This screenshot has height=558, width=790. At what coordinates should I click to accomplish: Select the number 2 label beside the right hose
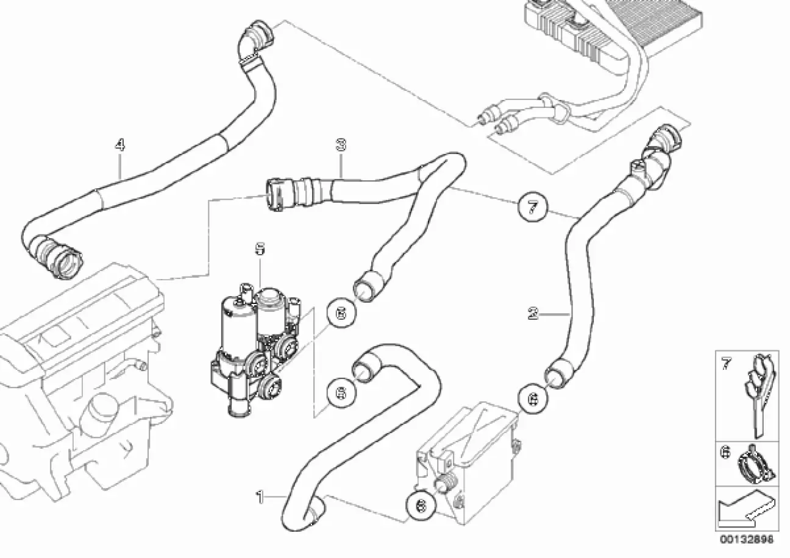coord(533,314)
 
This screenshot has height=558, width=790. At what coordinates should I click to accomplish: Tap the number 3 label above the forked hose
coord(341,145)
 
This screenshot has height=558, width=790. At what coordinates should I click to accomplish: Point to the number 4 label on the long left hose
coord(120,144)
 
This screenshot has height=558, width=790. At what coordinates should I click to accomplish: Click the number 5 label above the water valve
coord(260,249)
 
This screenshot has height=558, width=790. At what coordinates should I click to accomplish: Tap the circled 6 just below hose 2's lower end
coord(533,399)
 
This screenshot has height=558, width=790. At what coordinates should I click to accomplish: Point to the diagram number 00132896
coord(746,539)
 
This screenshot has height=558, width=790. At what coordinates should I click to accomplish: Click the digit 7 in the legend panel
coord(725,364)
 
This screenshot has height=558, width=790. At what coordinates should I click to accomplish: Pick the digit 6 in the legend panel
coord(725,453)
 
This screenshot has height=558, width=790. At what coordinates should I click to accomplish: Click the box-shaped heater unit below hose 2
coord(466,454)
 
